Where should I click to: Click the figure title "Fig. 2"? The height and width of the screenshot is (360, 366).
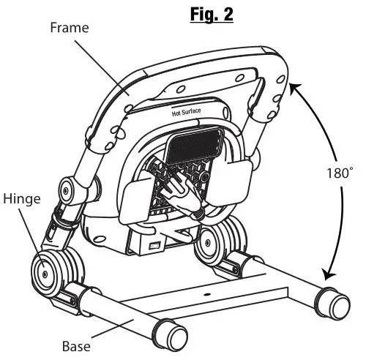(212, 14)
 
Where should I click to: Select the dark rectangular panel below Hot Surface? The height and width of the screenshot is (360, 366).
(193, 145)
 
